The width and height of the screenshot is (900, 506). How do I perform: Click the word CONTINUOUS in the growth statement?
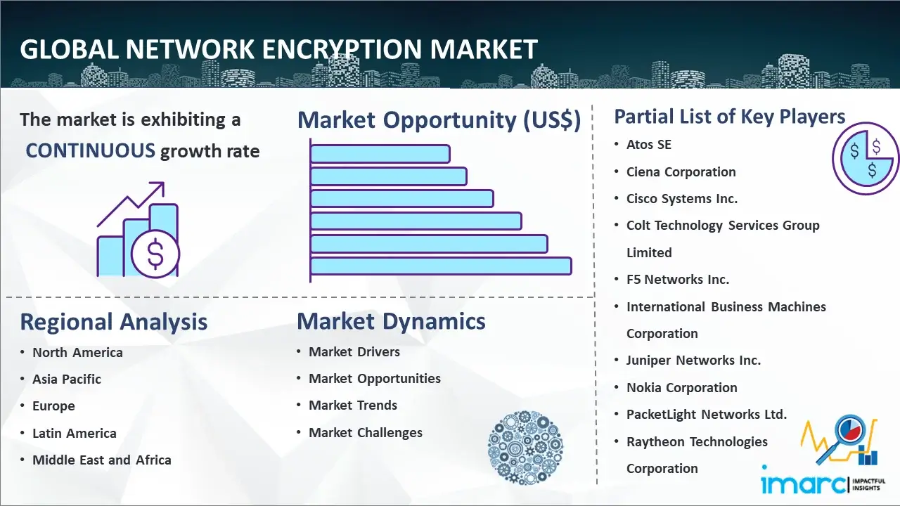91,151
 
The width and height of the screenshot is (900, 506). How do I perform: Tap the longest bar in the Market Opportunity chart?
441,266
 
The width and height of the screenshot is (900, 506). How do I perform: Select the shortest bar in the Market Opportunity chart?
380,154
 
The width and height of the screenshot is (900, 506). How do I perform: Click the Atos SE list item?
649,145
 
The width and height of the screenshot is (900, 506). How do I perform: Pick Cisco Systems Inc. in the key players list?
682,199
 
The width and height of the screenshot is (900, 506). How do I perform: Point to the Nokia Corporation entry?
682,387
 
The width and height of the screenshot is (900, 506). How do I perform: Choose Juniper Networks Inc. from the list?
693,361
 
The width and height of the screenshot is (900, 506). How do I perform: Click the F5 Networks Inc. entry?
678,280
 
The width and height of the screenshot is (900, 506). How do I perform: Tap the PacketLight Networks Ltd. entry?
707,415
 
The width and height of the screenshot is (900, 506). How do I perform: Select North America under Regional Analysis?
77,353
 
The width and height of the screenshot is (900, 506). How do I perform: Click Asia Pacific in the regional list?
67,379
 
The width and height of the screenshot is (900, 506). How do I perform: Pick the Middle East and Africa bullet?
102,460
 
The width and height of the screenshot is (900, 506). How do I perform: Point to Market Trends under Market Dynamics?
353,406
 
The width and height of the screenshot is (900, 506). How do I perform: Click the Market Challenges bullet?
366,432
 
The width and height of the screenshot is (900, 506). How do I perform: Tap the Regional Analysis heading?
114,322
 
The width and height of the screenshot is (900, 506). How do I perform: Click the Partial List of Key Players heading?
730,117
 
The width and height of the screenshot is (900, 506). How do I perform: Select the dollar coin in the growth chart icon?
155,254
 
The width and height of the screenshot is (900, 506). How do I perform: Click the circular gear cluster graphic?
525,447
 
